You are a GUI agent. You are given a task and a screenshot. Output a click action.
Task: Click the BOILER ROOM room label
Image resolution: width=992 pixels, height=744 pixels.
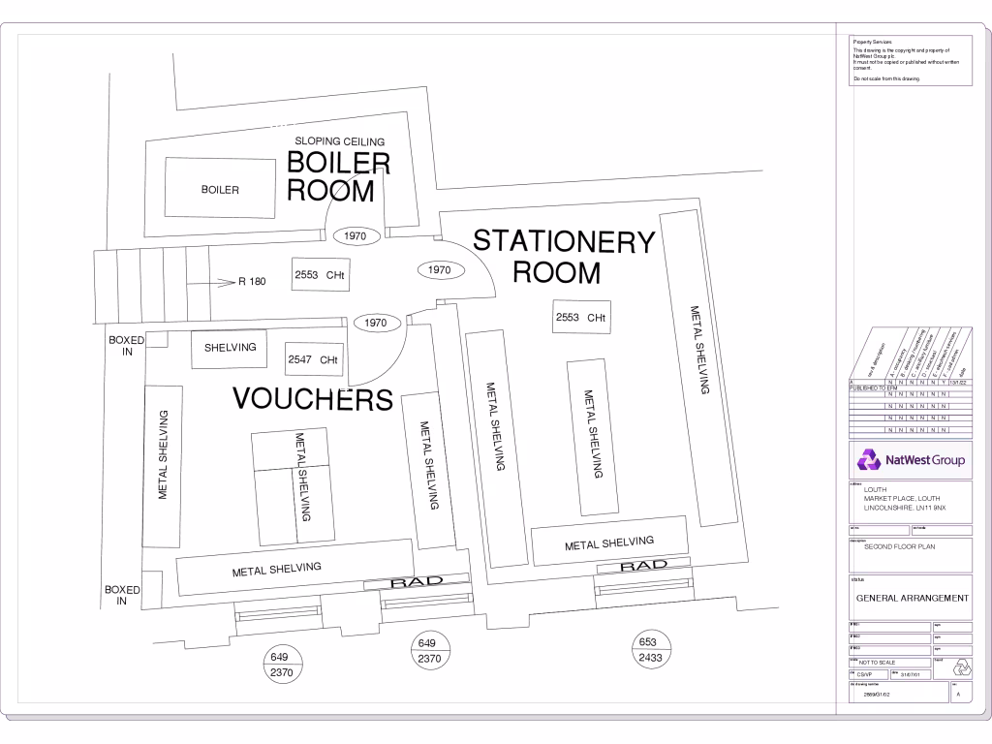coord(338,175)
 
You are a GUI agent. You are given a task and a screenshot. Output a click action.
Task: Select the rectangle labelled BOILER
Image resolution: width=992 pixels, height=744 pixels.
coord(220,189)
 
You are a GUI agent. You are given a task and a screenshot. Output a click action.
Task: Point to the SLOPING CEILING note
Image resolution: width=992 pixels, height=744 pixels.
coord(340,142)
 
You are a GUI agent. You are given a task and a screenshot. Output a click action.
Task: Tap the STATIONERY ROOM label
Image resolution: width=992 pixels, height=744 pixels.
coord(563,257)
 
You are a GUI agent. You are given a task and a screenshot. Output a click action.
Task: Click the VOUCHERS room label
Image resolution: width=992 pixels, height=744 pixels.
coord(313,398)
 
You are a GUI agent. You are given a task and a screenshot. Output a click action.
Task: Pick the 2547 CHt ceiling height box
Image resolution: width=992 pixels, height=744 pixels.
coord(313,360)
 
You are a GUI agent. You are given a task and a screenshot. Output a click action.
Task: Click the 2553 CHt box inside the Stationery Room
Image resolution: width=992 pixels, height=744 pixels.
coord(581,318)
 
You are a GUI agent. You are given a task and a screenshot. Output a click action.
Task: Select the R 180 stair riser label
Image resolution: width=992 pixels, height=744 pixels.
coord(252,283)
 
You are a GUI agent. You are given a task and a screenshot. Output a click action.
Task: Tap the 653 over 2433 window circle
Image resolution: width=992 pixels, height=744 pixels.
coord(649,650)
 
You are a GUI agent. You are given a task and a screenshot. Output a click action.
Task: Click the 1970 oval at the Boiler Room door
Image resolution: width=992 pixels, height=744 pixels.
coord(356,235)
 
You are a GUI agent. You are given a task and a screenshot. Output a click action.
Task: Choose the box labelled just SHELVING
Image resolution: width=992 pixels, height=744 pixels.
coord(230,348)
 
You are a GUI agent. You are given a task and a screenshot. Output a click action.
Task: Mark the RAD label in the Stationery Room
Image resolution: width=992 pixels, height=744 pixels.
coord(644,565)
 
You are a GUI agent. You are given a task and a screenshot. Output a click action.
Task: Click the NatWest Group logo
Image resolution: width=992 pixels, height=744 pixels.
coord(911,460)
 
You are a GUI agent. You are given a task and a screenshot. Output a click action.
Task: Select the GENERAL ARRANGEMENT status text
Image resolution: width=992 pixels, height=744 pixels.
coord(912,599)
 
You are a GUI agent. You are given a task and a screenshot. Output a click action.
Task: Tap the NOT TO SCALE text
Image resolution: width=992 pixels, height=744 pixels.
coord(878,663)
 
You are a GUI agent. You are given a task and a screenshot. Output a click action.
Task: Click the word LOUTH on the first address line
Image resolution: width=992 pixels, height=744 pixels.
coord(875,490)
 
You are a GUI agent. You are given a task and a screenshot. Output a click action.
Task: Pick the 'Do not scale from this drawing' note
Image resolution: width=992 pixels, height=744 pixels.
coord(886,78)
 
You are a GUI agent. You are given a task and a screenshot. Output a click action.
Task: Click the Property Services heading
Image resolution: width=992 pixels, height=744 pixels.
coord(872,43)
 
